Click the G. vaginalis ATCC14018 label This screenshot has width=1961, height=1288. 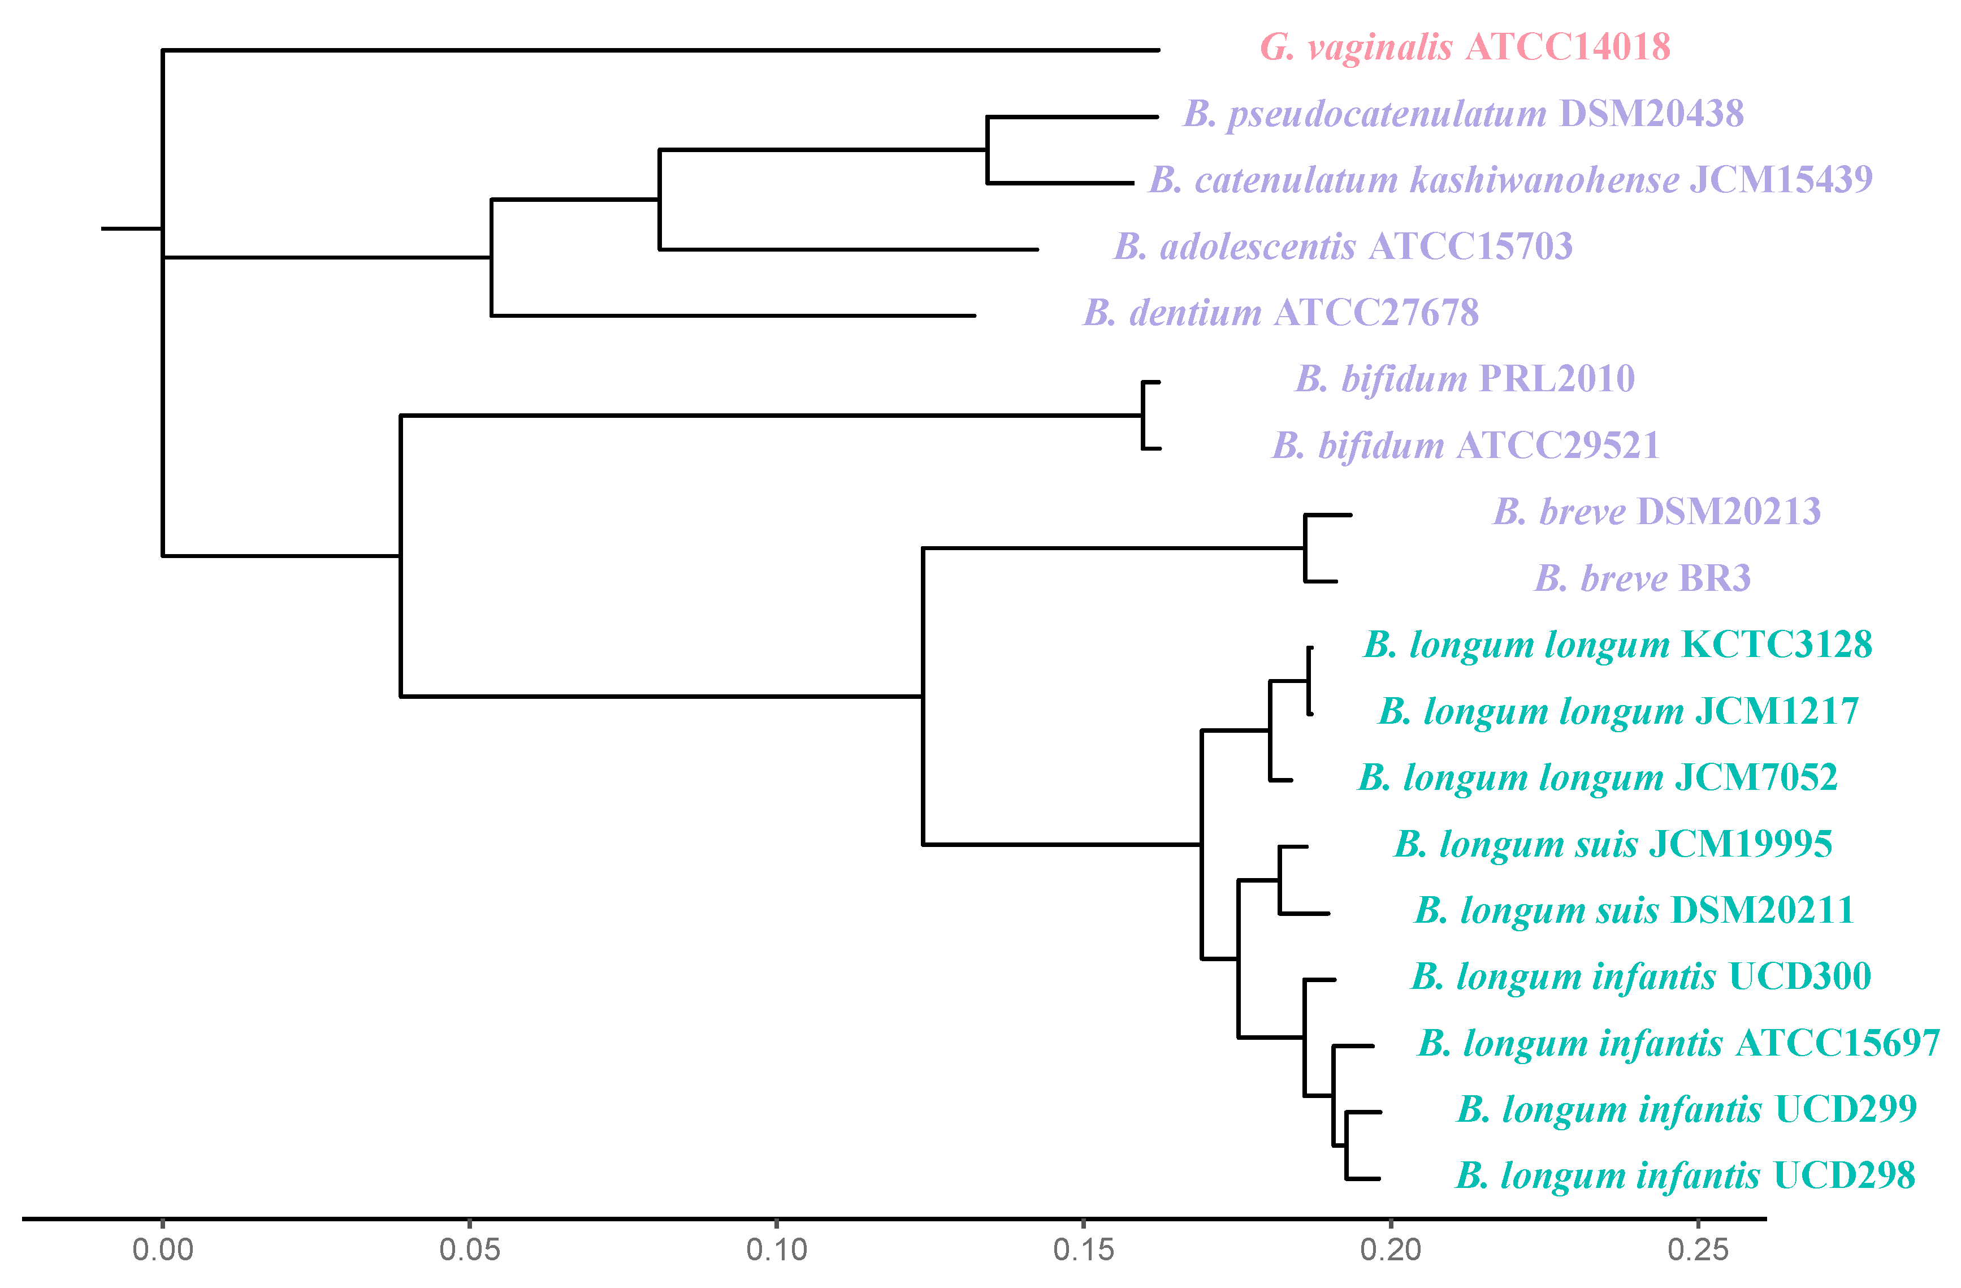(x=1465, y=47)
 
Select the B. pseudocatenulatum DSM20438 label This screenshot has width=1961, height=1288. (x=1464, y=114)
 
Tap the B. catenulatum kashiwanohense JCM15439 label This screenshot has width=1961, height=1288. (x=1511, y=180)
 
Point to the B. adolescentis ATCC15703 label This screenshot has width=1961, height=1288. (x=1343, y=247)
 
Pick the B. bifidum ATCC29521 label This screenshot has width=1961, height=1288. (x=1465, y=446)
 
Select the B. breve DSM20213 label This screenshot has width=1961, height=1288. (x=1657, y=512)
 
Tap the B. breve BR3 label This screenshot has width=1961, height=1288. (x=1642, y=578)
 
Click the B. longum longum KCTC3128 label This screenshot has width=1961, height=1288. (x=1617, y=645)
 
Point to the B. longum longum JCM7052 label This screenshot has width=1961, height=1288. (x=1598, y=777)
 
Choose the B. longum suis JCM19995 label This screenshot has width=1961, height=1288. (x=1612, y=844)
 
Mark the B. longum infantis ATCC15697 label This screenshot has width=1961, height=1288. (x=1678, y=1043)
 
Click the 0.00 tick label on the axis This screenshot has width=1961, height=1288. (x=163, y=1250)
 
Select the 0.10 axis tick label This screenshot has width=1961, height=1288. (x=776, y=1250)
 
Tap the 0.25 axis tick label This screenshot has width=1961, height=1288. (x=1698, y=1250)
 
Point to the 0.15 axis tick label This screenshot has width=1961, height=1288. (x=1084, y=1250)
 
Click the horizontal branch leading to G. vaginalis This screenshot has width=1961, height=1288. (x=659, y=50)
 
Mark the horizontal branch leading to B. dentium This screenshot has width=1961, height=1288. (x=733, y=315)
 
